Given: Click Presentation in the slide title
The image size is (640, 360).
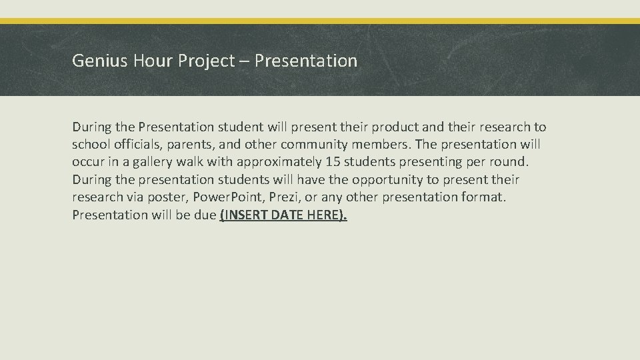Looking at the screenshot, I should (306, 61).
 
